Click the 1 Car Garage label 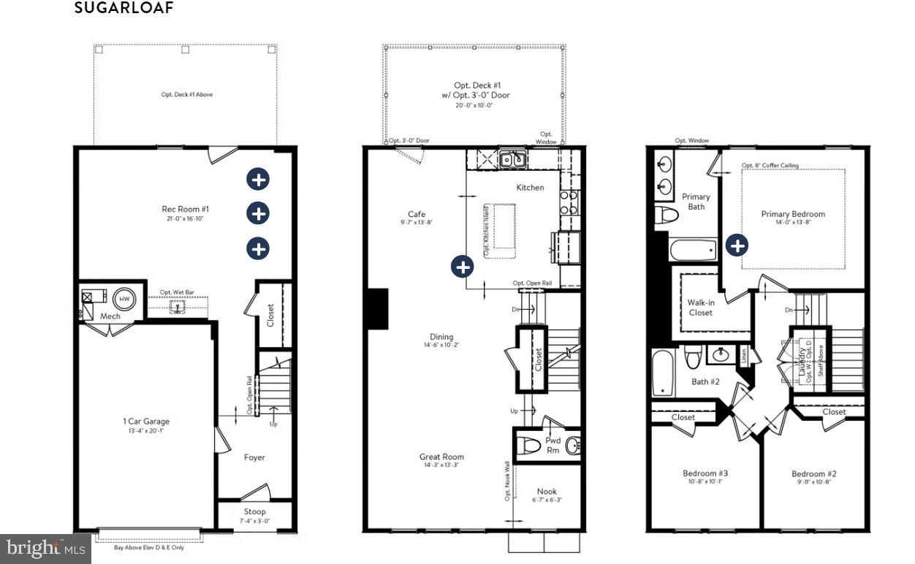[146, 422]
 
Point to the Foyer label [254, 457]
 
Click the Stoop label [254, 511]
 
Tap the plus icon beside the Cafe [462, 267]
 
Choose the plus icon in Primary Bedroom [738, 245]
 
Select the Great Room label [441, 457]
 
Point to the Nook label [547, 492]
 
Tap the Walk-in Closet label [700, 307]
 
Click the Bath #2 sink [722, 355]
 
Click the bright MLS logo [44, 548]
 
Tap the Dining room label [441, 337]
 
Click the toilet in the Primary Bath [667, 215]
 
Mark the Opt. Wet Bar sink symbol [176, 307]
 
